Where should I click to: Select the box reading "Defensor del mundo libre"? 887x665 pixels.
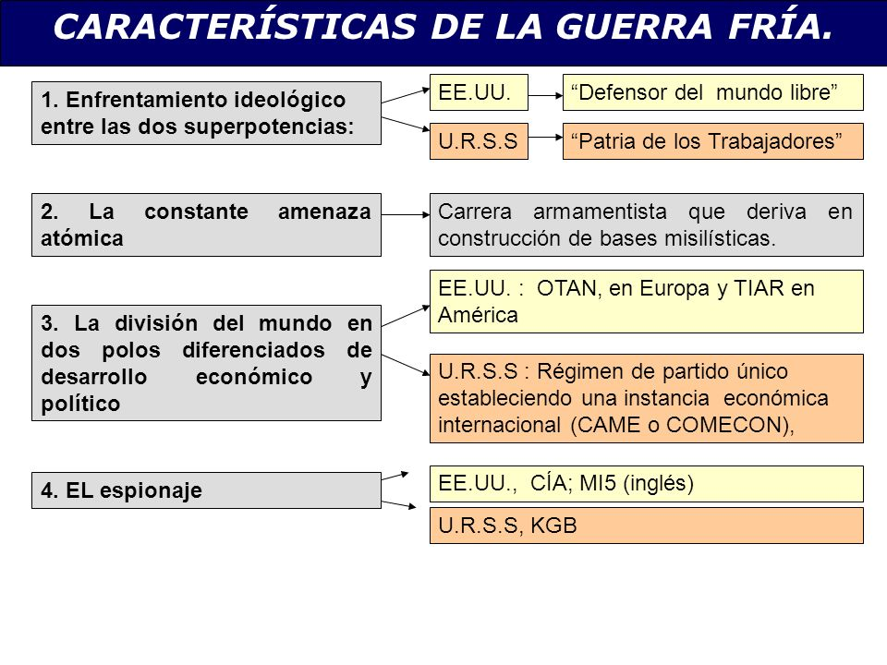coord(712,92)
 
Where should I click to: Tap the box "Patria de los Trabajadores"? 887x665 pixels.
coord(712,141)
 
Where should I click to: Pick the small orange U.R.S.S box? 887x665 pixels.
coord(478,141)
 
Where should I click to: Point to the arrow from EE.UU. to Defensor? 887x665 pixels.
coord(545,92)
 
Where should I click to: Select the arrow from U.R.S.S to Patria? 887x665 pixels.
coord(545,141)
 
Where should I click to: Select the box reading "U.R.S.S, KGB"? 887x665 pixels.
coord(646,526)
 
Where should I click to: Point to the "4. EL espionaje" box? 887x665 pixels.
coord(206,490)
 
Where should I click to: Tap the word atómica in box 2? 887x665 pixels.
coord(82,237)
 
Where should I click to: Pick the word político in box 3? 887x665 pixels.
coord(81,404)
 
